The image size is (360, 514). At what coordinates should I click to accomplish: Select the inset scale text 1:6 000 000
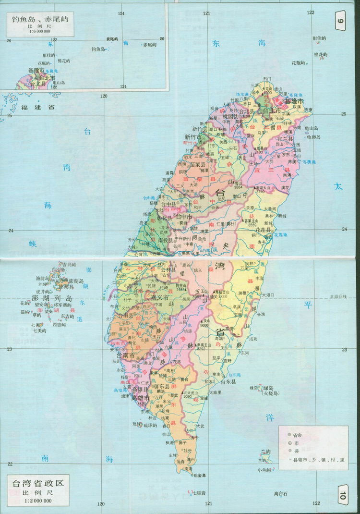[37, 32]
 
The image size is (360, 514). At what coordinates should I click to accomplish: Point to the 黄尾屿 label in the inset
[112, 38]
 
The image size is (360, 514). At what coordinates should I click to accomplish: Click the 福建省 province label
[38, 108]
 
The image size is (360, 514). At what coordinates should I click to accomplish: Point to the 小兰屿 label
[264, 470]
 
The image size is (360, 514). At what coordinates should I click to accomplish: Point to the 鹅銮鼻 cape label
[199, 476]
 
